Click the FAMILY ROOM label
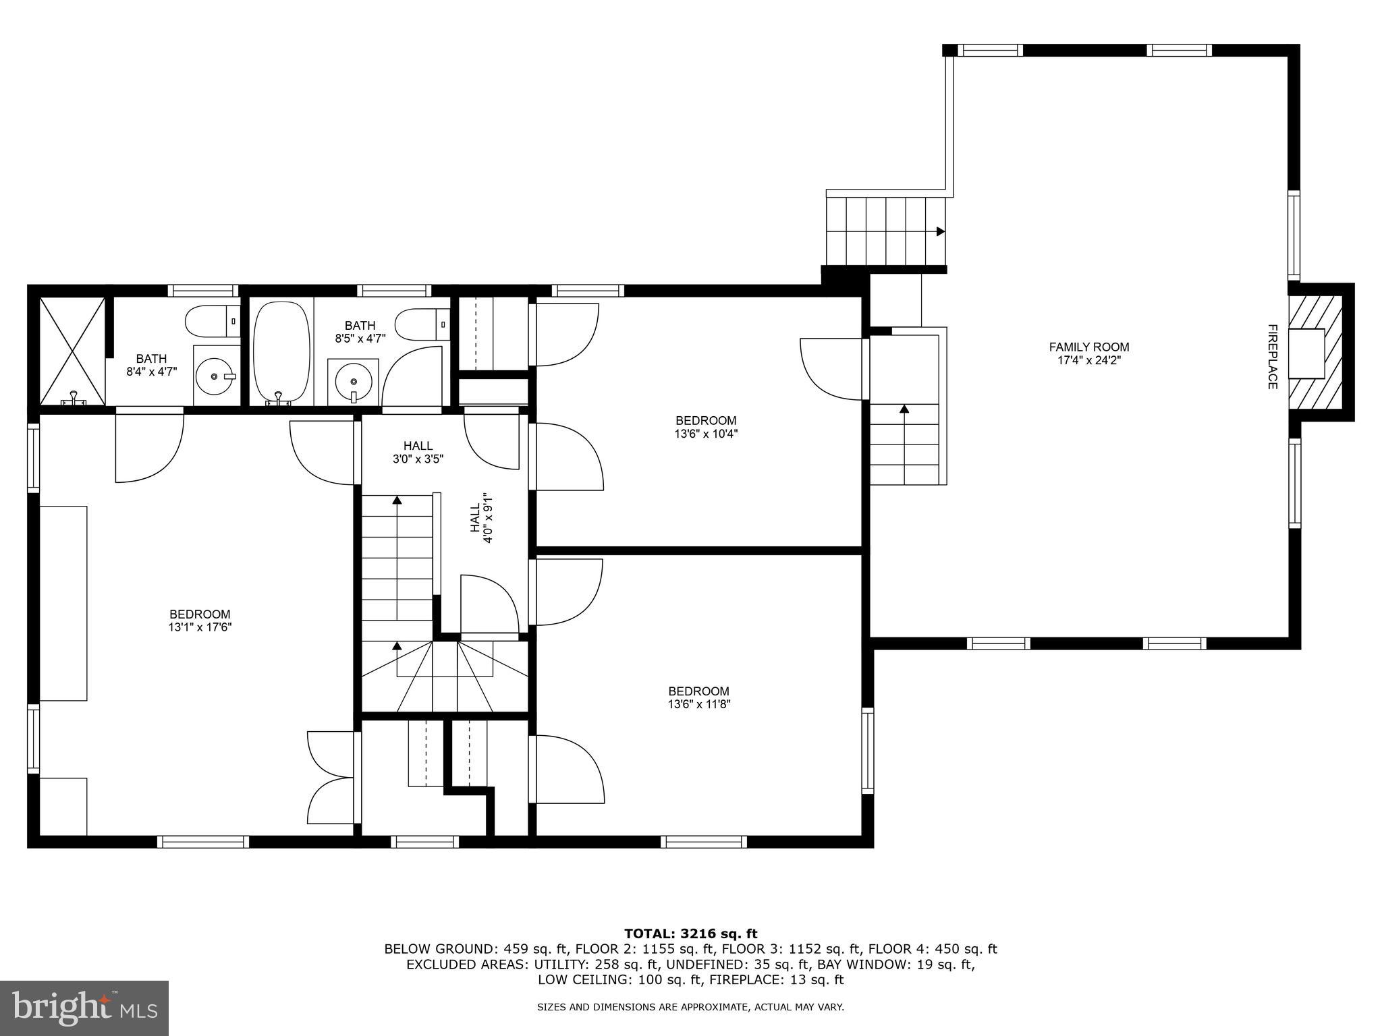click(x=1088, y=347)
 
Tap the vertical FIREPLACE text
click(x=1272, y=357)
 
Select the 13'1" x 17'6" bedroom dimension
click(x=200, y=627)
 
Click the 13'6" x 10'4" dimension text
click(x=706, y=434)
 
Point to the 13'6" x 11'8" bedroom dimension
click(x=699, y=704)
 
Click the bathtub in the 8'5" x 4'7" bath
click(x=281, y=353)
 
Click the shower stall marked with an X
click(x=72, y=351)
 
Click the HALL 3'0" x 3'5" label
click(x=418, y=452)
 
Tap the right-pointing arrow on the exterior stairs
click(x=940, y=231)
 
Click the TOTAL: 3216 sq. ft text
click(x=690, y=934)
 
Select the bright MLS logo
click(x=84, y=1008)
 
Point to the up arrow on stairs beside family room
click(x=904, y=409)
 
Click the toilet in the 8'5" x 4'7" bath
click(x=422, y=324)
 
